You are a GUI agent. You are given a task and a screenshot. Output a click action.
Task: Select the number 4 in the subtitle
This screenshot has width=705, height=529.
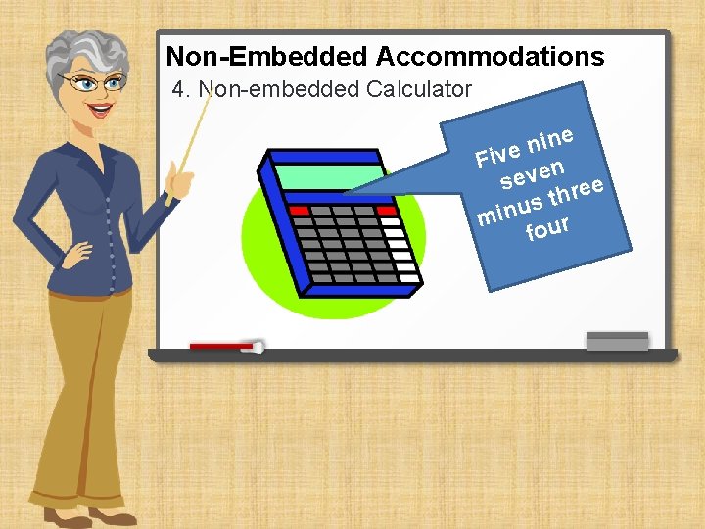(x=177, y=90)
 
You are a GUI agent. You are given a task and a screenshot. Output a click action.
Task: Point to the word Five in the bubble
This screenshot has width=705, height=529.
(x=496, y=154)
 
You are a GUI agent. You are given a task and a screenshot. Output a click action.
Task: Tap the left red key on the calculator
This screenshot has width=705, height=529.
(x=299, y=211)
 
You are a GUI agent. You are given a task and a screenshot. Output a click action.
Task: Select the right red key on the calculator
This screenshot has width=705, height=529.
(x=386, y=211)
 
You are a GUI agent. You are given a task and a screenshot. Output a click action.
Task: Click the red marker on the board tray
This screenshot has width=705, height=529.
(x=223, y=346)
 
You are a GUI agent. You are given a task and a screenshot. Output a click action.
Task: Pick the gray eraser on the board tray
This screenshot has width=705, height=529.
(x=616, y=341)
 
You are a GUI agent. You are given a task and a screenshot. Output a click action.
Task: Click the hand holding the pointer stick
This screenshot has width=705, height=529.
(x=179, y=178)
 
